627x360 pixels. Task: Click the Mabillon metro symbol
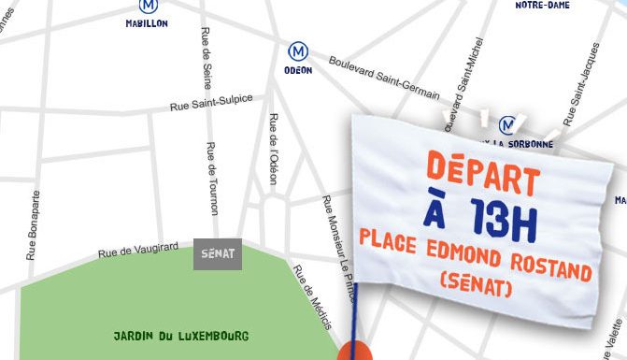click(x=147, y=5)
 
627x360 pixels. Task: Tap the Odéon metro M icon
click(x=298, y=50)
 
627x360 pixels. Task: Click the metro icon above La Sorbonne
click(x=508, y=124)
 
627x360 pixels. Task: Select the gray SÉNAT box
click(x=218, y=253)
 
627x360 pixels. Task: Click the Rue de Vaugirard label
click(x=138, y=247)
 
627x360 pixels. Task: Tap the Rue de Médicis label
click(x=313, y=297)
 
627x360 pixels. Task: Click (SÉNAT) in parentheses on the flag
click(x=476, y=282)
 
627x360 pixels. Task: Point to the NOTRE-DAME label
click(x=543, y=6)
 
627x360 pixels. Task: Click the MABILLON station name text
click(x=147, y=23)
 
